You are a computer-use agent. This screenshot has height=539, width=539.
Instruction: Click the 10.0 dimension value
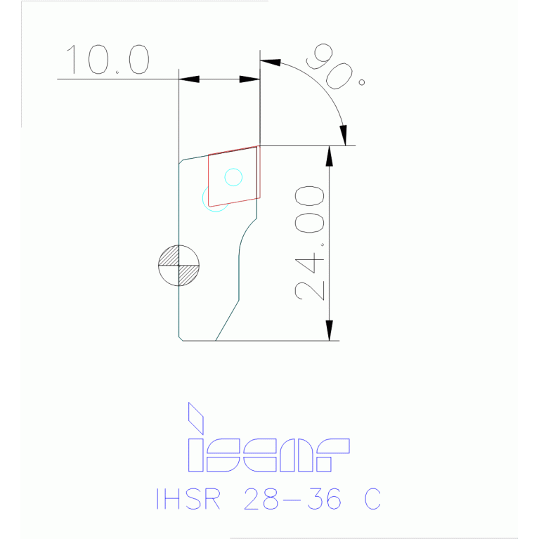pyautogui.click(x=108, y=60)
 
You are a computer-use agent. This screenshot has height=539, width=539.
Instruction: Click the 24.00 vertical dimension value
pyautogui.click(x=310, y=243)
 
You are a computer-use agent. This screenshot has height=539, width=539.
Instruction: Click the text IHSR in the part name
pyautogui.click(x=188, y=499)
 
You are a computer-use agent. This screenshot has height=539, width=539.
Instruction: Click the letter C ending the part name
pyautogui.click(x=372, y=499)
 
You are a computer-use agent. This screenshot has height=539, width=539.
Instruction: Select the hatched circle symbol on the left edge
pyautogui.click(x=178, y=265)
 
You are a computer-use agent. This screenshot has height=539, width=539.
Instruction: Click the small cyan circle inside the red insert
pyautogui.click(x=233, y=177)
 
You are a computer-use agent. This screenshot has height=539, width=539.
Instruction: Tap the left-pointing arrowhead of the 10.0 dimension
pyautogui.click(x=189, y=79)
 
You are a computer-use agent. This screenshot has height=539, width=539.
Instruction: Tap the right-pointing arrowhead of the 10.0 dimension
pyautogui.click(x=250, y=79)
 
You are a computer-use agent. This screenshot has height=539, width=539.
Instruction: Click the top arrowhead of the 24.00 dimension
pyautogui.click(x=329, y=155)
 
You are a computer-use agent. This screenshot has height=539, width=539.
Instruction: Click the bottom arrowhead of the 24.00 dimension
pyautogui.click(x=329, y=330)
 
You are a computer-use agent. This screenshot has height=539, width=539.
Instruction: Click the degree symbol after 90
pyautogui.click(x=362, y=82)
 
